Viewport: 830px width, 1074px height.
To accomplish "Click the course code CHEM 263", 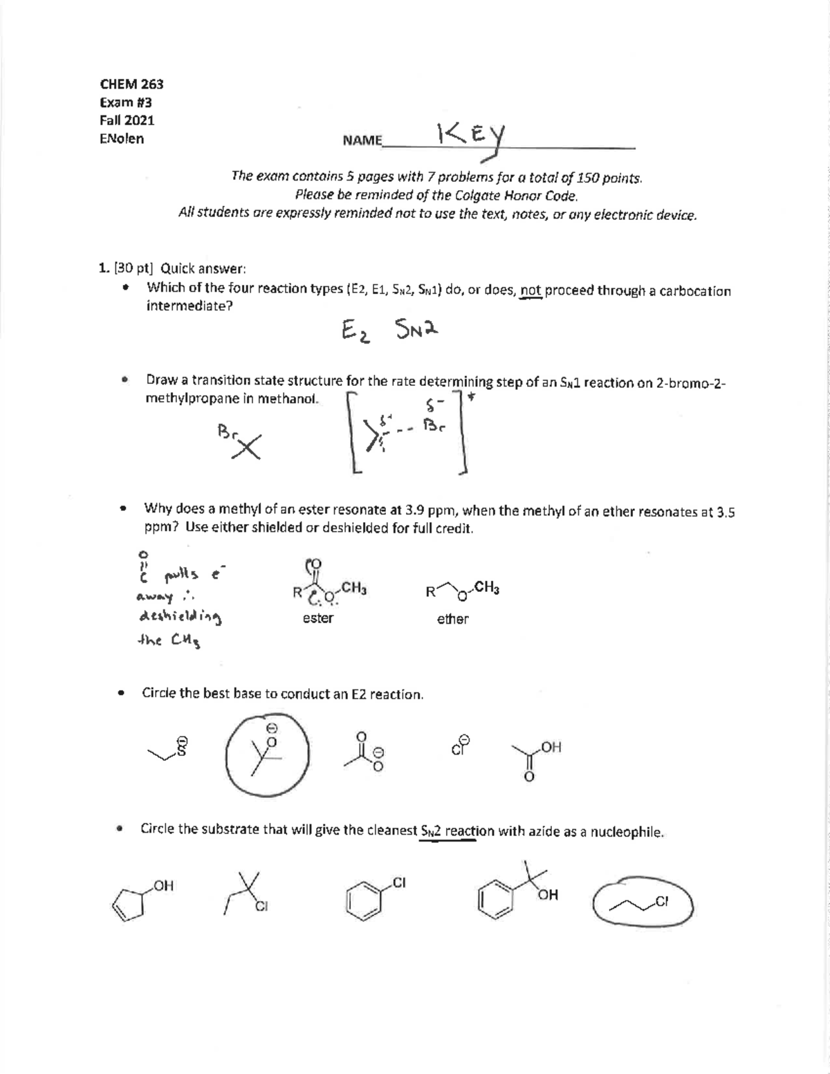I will point(131,84).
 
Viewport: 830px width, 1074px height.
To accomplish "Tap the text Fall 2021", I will point(127,120).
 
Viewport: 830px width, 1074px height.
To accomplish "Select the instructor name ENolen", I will point(122,138).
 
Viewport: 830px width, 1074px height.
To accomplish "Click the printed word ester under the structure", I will point(317,618).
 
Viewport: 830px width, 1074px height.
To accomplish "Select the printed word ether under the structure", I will point(452,619).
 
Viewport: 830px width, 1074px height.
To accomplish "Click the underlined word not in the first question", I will point(531,290).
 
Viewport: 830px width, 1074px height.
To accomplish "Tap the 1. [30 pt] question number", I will point(127,268).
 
